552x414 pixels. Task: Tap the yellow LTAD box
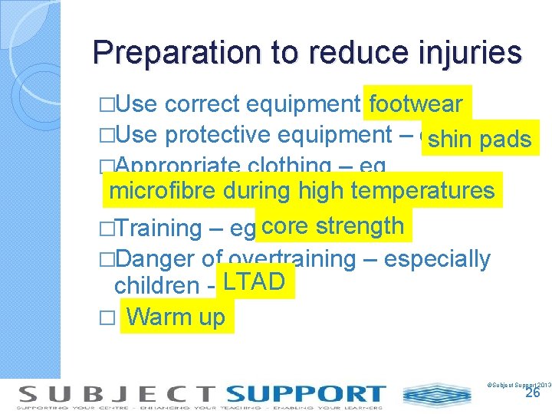click(x=254, y=283)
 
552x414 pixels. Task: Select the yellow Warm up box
click(x=177, y=316)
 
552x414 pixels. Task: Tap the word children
click(x=157, y=286)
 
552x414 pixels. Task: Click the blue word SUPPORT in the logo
click(x=306, y=394)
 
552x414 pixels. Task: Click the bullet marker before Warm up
click(x=107, y=317)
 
